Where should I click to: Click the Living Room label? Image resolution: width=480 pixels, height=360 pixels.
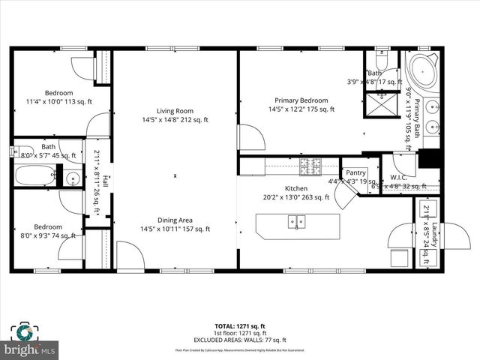[175, 110]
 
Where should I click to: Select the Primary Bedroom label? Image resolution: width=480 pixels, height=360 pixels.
[301, 100]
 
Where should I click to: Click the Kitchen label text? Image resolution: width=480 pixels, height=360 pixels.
[295, 188]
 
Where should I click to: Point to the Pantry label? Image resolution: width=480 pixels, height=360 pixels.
[355, 172]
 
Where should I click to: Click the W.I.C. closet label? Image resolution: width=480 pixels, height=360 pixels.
[397, 178]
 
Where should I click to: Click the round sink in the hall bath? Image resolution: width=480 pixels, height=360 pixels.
[73, 178]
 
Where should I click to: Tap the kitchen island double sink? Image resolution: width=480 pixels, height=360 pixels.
[296, 221]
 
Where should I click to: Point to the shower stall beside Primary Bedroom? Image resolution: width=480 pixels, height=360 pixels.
[380, 104]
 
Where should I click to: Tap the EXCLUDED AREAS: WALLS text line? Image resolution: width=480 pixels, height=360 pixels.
[240, 340]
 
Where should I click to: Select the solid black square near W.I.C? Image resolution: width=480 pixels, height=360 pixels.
[428, 159]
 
